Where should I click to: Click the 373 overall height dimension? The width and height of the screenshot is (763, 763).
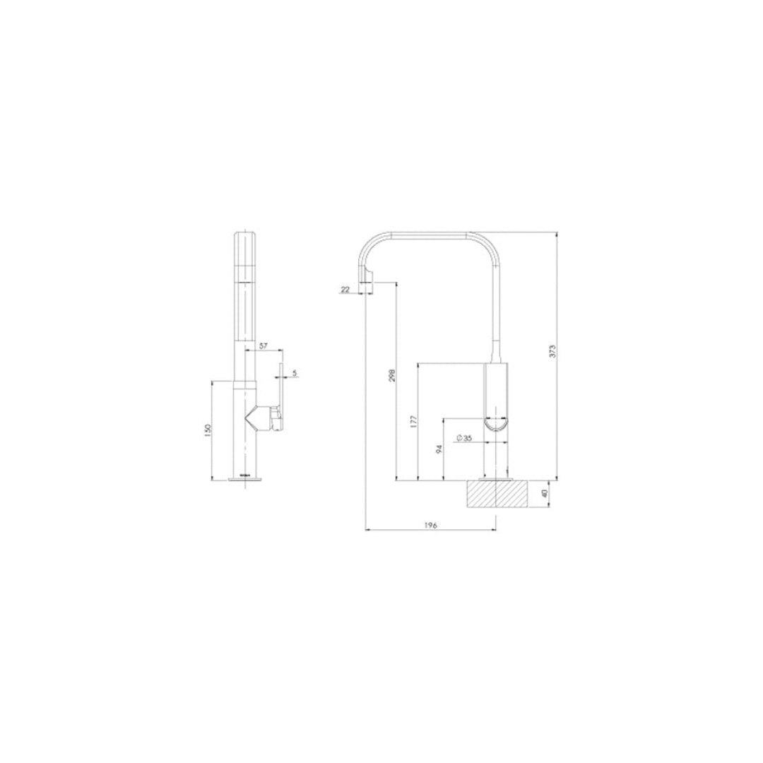[x=553, y=350]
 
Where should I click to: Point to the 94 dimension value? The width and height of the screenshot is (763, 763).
[x=439, y=449]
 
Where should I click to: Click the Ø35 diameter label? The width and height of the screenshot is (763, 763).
[x=464, y=439]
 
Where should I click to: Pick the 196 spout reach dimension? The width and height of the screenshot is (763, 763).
[x=431, y=525]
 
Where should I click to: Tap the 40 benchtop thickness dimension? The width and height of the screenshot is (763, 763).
[x=545, y=494]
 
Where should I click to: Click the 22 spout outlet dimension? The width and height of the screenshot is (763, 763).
[x=345, y=289]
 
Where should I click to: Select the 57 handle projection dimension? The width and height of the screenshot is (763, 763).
[x=263, y=345]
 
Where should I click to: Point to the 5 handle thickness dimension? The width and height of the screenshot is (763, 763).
[x=294, y=372]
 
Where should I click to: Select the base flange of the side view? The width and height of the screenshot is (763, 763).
[x=497, y=480]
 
